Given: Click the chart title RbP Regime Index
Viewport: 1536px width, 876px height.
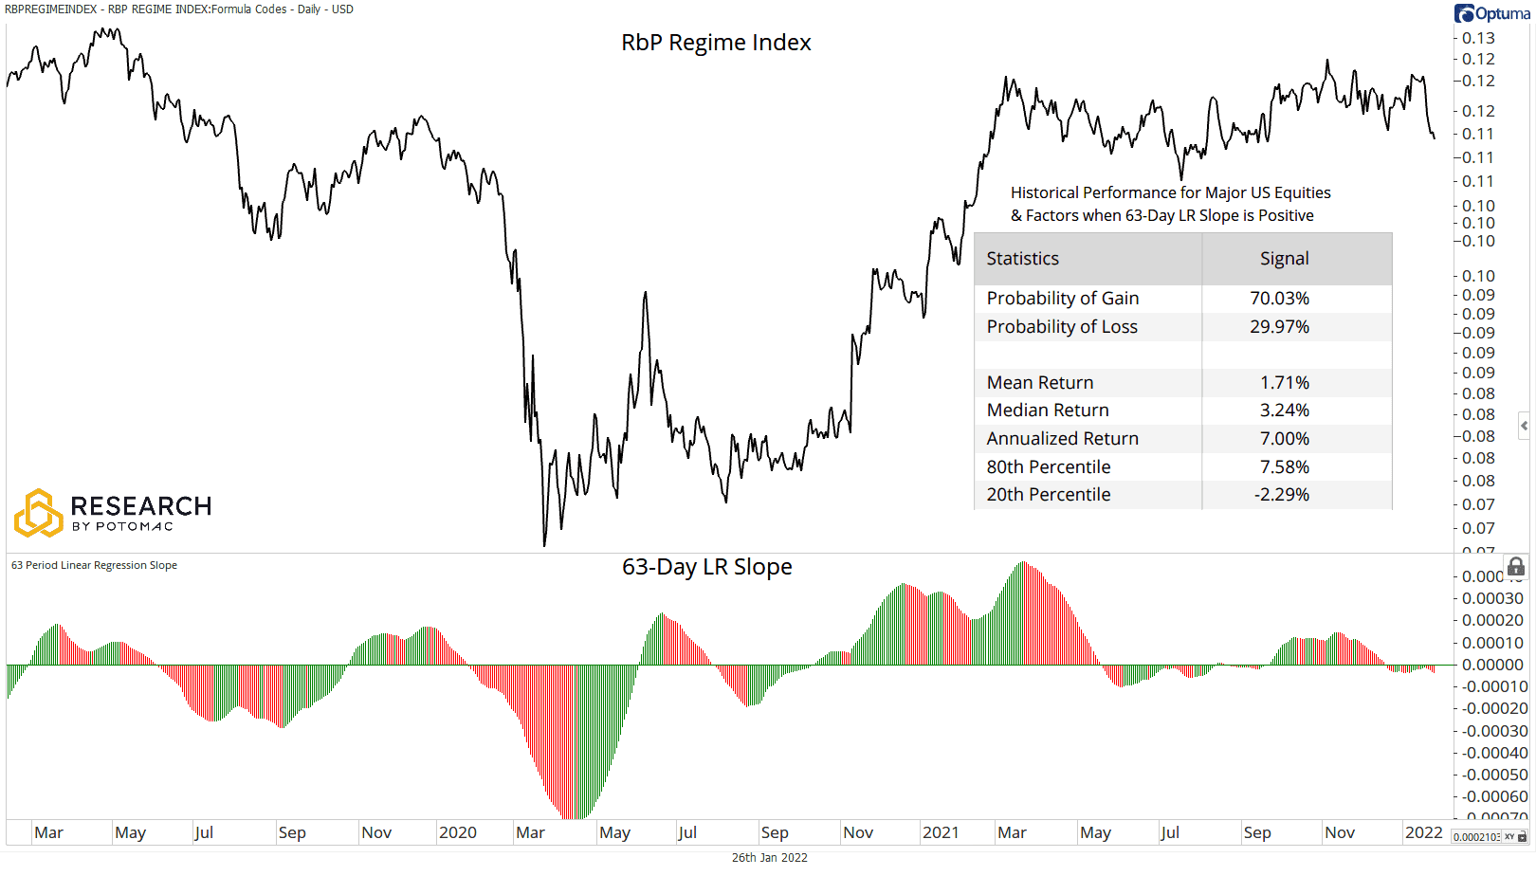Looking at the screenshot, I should coord(716,43).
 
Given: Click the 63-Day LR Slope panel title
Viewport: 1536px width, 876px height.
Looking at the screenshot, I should coord(706,567).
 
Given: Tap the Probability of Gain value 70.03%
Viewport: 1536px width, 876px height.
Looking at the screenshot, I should coord(1279,299).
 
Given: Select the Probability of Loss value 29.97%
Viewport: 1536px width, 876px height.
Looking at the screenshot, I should coord(1279,327).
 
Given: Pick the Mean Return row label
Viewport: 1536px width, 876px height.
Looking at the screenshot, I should coord(1039,383).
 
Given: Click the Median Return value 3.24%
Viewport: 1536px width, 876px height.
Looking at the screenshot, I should coord(1284,411).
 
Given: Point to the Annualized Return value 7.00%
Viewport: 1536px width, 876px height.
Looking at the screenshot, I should coord(1284,439).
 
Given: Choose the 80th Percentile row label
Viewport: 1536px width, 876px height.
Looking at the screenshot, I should coord(1048,467).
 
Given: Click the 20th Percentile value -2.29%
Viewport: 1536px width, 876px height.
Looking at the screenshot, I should coord(1281,495).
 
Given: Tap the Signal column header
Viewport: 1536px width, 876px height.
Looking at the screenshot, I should coord(1284,259).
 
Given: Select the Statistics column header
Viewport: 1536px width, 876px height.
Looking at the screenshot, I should coord(1022,259).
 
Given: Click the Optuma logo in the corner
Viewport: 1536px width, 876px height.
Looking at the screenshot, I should coord(1491,13).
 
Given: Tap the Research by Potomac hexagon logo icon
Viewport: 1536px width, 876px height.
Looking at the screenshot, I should coord(38,513).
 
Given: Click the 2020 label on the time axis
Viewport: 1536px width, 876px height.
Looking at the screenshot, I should coord(457,832).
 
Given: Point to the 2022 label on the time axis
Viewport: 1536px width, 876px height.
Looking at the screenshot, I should coord(1423,832).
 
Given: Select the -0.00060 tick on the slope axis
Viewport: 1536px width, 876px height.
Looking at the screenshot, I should coord(1493,796).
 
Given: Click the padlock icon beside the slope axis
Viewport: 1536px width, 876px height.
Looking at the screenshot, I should coord(1516,567).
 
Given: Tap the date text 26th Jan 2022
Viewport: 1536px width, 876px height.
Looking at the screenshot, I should coord(769,857).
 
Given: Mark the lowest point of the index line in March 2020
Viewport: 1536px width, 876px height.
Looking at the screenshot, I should coord(544,545).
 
